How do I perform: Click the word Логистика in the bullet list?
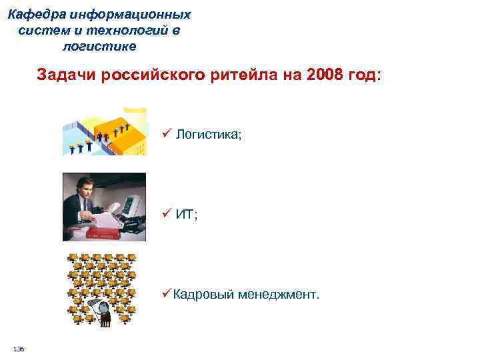(x=207, y=135)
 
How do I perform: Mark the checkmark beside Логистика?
(x=166, y=134)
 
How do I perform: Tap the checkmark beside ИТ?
(x=166, y=214)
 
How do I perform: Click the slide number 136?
(x=19, y=349)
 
